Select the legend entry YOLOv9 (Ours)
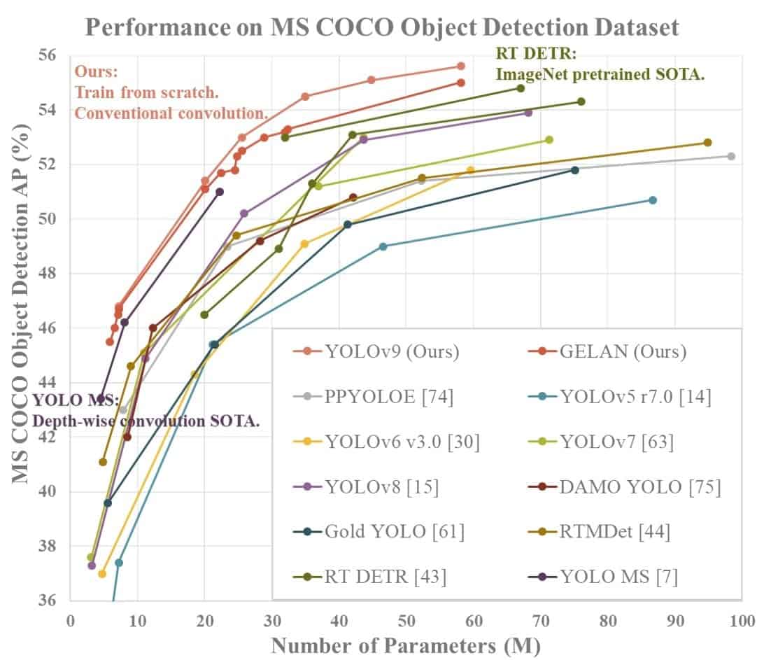[x=381, y=351]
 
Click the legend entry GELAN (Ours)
[x=611, y=351]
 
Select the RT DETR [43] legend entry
[x=374, y=576]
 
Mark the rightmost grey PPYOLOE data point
[x=731, y=156]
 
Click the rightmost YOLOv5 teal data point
[x=653, y=200]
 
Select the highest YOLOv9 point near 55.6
[x=460, y=66]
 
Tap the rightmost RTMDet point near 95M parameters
[x=707, y=143]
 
